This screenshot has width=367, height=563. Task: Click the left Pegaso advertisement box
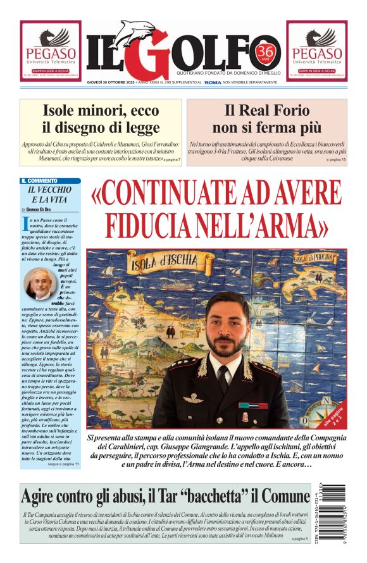[50, 51]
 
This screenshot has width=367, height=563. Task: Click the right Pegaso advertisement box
[316, 51]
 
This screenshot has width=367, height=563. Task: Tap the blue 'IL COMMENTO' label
[43, 181]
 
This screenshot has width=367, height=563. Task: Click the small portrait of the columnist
[39, 285]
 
